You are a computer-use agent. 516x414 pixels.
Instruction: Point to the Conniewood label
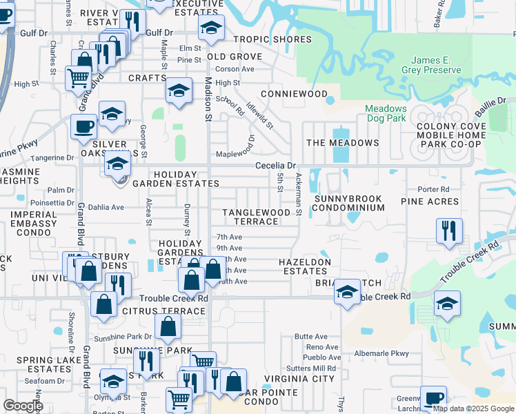(294, 93)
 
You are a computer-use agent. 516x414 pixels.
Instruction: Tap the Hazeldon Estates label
(304, 266)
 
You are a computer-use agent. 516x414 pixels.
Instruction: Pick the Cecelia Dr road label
(275, 166)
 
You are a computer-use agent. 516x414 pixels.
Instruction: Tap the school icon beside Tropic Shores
(210, 28)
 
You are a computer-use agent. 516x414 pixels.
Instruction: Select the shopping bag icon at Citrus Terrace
(167, 326)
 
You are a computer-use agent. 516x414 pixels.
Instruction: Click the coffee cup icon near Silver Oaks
(84, 126)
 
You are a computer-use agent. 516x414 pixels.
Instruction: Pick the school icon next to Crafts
(179, 90)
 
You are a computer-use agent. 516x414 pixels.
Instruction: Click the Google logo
(23, 406)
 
